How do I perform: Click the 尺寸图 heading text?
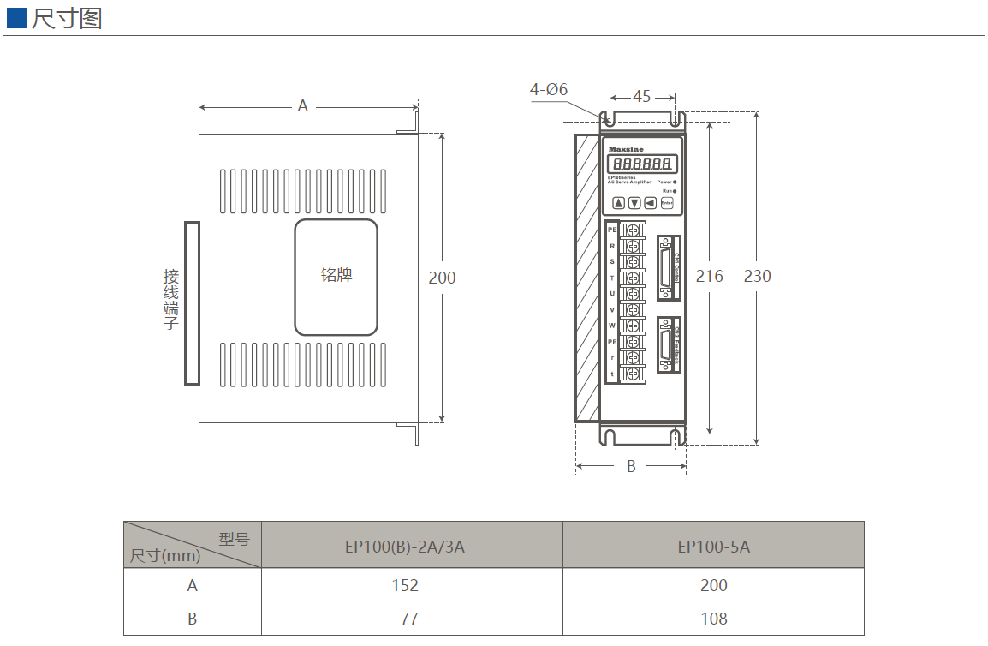(x=67, y=18)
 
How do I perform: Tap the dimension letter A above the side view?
(x=302, y=106)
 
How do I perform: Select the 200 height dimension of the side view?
(x=442, y=278)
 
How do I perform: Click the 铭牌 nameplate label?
(x=336, y=275)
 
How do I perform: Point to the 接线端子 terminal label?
(x=171, y=300)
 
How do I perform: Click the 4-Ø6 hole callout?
(x=549, y=89)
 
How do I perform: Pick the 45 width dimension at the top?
(x=641, y=96)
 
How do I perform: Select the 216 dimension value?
(x=709, y=276)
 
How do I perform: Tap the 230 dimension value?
(x=757, y=276)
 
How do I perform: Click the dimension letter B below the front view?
(x=631, y=467)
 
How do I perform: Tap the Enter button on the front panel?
(x=666, y=203)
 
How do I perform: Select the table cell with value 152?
(x=404, y=585)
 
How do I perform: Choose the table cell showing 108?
(x=713, y=619)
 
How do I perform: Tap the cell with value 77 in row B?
(x=404, y=619)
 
